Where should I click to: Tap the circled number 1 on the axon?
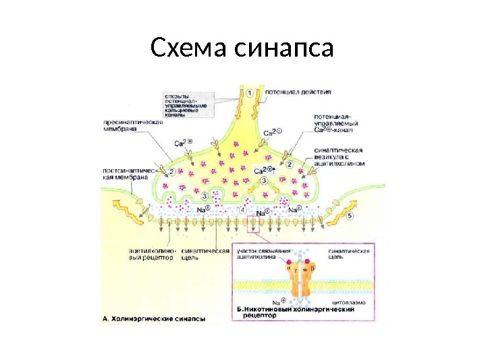249,92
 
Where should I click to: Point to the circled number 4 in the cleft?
242,210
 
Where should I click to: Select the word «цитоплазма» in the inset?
351,303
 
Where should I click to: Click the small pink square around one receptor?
254,229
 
